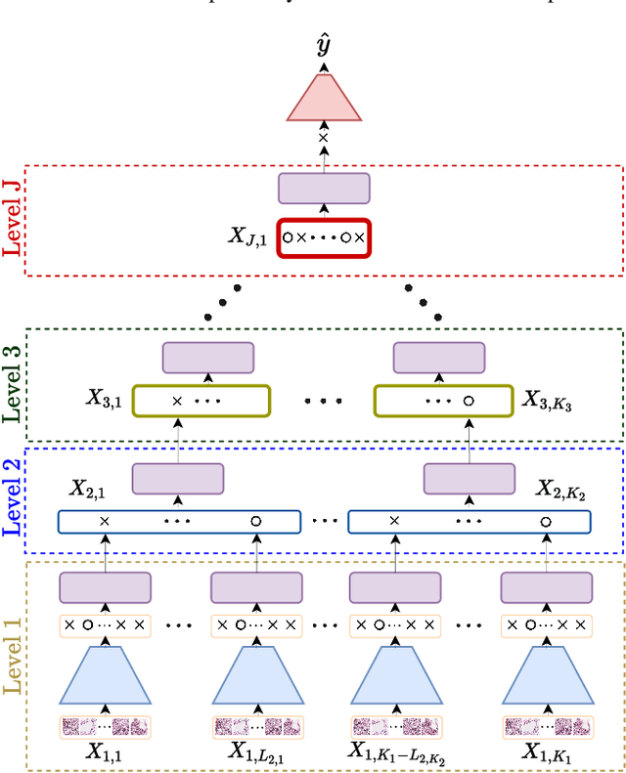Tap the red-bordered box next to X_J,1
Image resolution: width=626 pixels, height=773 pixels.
coord(324,237)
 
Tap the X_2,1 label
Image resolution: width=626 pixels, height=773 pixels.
coord(89,489)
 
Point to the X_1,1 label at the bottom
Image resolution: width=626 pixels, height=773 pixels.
coord(105,752)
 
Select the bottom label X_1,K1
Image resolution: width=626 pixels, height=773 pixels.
coord(547,752)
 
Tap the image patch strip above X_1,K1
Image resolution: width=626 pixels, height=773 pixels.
coord(547,726)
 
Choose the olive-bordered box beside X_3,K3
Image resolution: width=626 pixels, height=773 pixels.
coord(443,401)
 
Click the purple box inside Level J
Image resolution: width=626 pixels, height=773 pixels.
coord(324,189)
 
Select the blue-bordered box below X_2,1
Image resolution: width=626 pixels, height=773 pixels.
coord(177,521)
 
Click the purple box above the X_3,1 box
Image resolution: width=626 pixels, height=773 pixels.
coord(208,358)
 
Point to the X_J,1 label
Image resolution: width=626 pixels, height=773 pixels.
coord(248,236)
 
